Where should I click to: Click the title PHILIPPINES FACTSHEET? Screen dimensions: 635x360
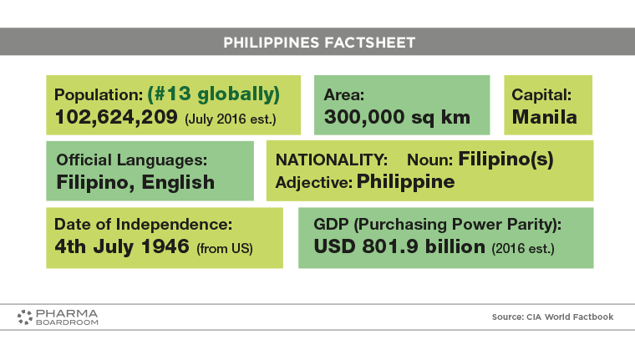coord(319,43)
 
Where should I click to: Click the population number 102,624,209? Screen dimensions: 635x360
coord(116,118)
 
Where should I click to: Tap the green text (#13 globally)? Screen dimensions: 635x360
coord(213,94)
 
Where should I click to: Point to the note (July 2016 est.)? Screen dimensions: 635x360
coord(231,119)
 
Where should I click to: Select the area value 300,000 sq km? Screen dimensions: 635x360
coord(397,118)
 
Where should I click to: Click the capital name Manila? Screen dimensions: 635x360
coord(544,118)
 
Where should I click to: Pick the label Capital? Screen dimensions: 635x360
coord(541,94)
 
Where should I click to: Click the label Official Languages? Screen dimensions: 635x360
coord(132,160)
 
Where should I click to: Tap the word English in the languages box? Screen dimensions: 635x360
coord(178,183)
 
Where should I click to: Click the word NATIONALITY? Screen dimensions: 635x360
coord(331,160)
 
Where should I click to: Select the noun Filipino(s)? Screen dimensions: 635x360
coord(505,160)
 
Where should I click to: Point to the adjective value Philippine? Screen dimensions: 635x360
coord(405,182)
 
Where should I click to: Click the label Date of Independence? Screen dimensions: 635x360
coord(144,225)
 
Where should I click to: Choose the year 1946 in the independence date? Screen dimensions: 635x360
coord(165,246)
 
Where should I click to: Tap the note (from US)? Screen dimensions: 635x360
coord(225,249)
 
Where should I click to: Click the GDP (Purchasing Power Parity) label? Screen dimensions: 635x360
coord(437,225)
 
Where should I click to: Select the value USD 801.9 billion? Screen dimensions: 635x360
coord(399,246)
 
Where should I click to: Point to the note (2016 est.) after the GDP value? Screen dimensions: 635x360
coord(523,249)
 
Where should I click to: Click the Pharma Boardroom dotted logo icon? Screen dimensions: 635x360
coord(25,317)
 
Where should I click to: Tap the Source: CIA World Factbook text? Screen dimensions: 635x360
coord(552,317)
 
